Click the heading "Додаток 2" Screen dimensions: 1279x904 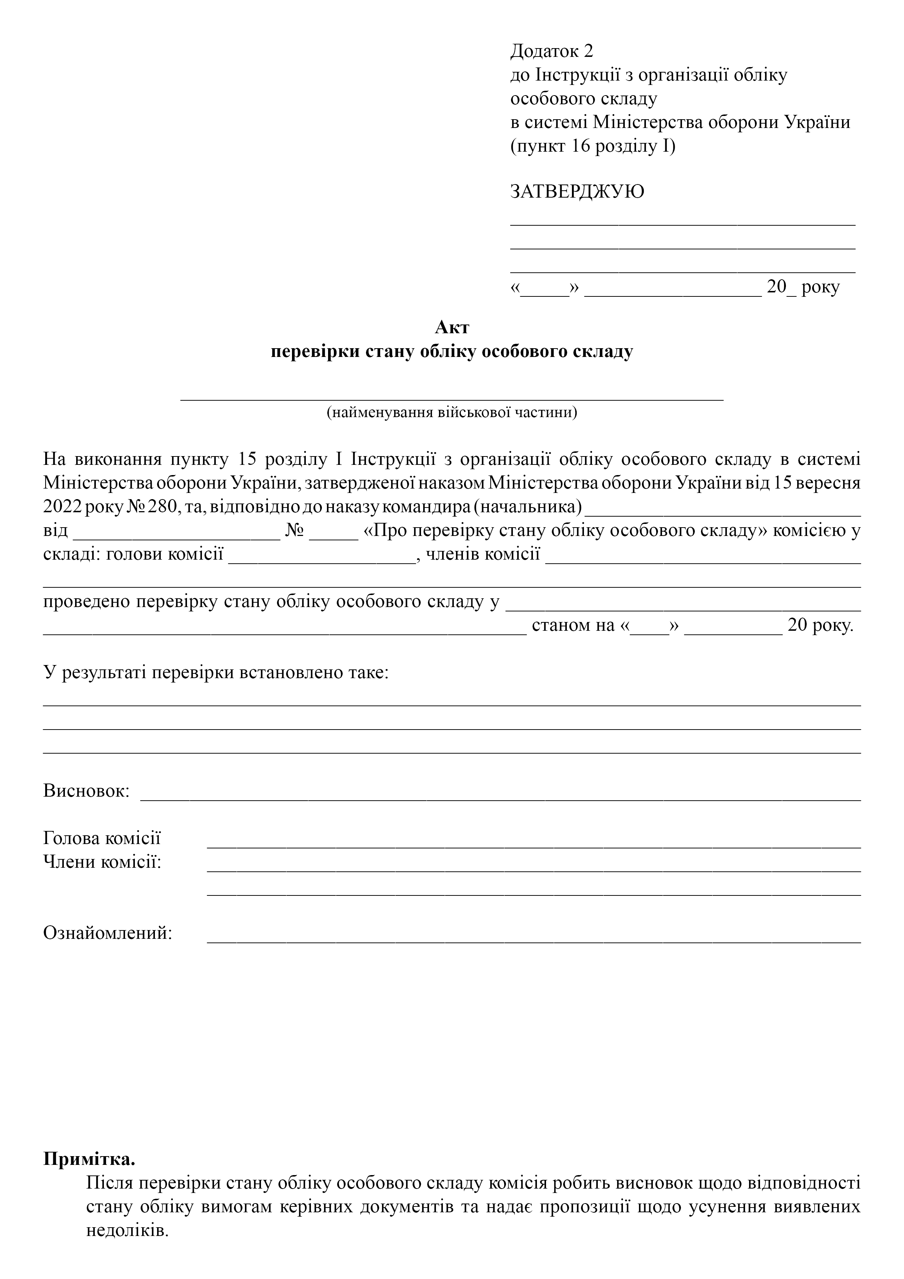[x=552, y=51]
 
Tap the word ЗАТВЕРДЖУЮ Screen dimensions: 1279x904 [x=577, y=192]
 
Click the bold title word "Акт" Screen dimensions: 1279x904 [x=452, y=327]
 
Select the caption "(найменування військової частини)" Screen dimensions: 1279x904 [x=452, y=413]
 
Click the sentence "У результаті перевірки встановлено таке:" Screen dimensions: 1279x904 [x=215, y=672]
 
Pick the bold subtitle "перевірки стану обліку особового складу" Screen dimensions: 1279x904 [x=452, y=352]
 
